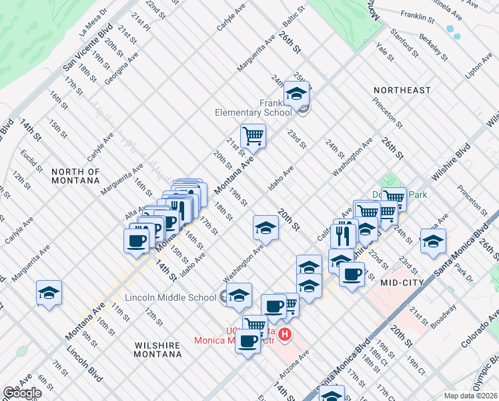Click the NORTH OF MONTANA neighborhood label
pyautogui.click(x=75, y=176)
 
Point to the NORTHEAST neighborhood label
pyautogui.click(x=402, y=90)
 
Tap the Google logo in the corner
pyautogui.click(x=22, y=393)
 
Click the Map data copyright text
pyautogui.click(x=470, y=396)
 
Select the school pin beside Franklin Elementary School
pyautogui.click(x=297, y=93)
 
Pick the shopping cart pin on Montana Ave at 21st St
pyautogui.click(x=253, y=136)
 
